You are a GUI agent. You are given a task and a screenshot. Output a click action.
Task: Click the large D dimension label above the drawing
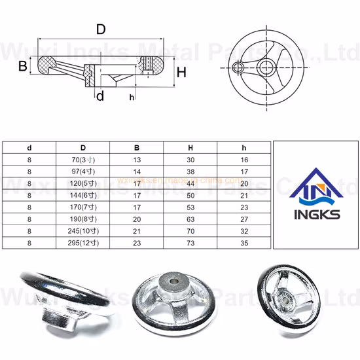tap(100, 29)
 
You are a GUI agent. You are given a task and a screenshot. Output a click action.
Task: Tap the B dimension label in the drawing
tap(22, 66)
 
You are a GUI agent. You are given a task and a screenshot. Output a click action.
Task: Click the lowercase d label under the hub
tap(99, 97)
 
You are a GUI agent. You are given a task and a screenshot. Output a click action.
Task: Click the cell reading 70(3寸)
tap(83, 160)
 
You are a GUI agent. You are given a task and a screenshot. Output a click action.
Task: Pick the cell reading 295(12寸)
tap(83, 243)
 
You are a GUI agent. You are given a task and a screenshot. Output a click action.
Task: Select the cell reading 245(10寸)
tap(83, 232)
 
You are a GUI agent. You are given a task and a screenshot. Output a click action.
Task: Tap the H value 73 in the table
tap(190, 243)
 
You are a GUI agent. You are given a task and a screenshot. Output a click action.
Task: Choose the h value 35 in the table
tap(243, 243)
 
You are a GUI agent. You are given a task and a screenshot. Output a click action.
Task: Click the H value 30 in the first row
tap(190, 160)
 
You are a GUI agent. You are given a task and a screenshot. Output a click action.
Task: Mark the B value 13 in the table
tap(137, 160)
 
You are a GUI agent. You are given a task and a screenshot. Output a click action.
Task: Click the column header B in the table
tap(137, 147)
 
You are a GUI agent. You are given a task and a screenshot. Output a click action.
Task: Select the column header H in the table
tap(190, 147)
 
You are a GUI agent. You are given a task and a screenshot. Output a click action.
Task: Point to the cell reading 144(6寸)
tap(83, 196)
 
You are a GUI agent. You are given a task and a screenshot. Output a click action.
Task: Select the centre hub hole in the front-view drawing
tap(265, 68)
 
